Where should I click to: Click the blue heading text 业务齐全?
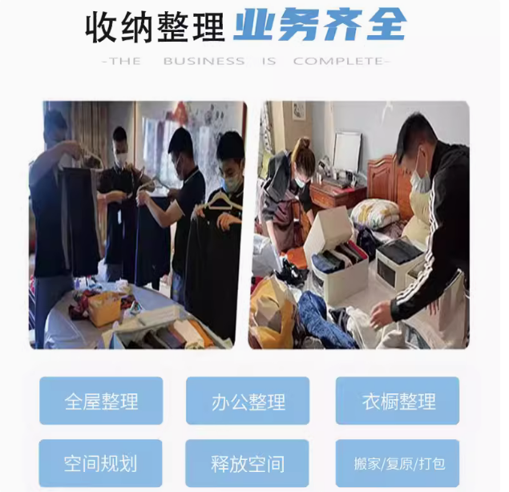320,25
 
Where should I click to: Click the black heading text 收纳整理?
156,26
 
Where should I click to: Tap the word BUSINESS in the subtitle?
204,61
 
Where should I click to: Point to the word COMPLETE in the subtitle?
338,61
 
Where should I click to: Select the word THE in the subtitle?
125,61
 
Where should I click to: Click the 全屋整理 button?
101,401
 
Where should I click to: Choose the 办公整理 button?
248,401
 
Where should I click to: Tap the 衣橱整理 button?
398,401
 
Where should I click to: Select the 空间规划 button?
101,463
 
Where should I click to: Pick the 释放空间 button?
247,463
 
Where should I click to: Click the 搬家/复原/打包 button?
398,463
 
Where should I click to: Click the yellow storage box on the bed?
104,309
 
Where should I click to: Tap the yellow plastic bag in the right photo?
272,309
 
